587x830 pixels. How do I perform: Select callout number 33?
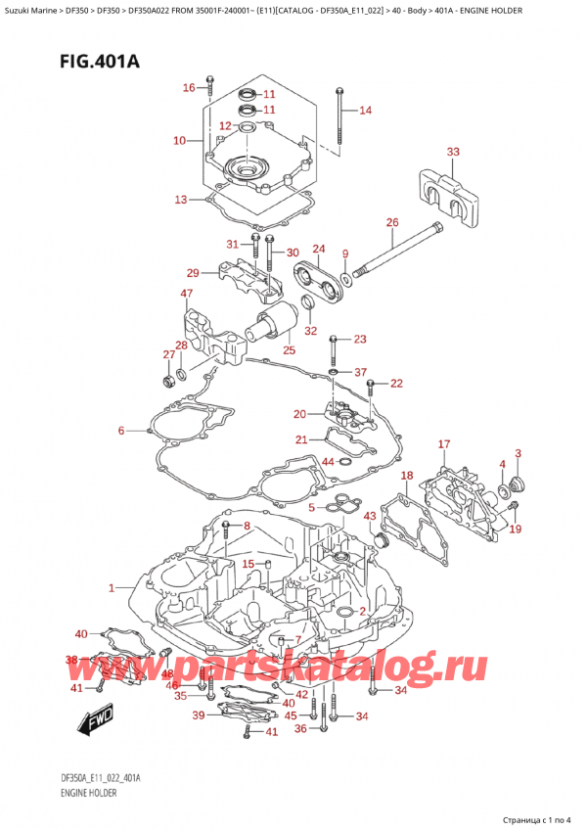[x=452, y=152]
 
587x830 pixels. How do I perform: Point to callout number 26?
[x=392, y=223]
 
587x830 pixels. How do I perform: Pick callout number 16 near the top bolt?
[x=189, y=88]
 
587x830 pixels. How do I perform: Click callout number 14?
[x=366, y=111]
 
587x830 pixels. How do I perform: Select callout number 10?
[x=178, y=141]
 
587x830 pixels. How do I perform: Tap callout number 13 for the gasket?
[x=180, y=200]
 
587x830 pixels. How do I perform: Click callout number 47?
[x=186, y=294]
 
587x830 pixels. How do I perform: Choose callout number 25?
[x=288, y=349]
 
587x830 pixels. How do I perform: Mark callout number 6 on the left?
[x=121, y=431]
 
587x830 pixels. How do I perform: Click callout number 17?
[x=444, y=445]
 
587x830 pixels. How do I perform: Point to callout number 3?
[x=518, y=453]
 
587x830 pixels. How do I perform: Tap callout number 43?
[x=369, y=516]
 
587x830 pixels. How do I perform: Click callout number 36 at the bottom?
[x=300, y=728]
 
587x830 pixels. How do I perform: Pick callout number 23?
[x=359, y=340]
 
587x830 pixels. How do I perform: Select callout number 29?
[x=193, y=273]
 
